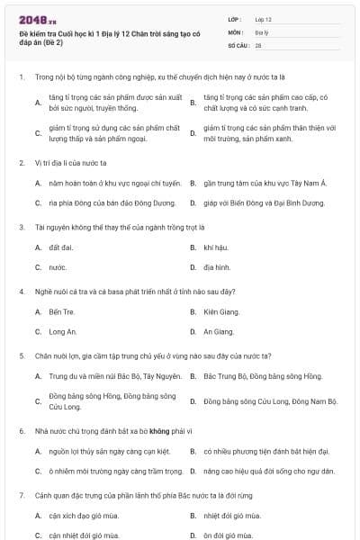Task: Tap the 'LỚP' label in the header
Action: [235, 18]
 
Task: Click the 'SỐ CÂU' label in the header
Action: [238, 44]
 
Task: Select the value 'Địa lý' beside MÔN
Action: [262, 31]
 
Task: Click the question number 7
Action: [21, 496]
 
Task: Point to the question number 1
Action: [21, 77]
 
